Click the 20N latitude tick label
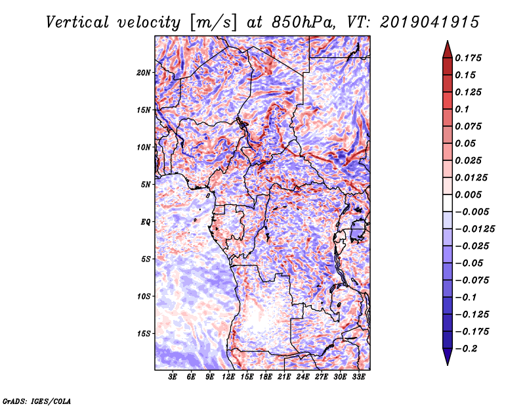[144, 72]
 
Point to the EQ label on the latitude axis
[145, 222]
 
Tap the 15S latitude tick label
[144, 334]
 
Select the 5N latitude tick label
[145, 185]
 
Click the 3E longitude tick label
[173, 377]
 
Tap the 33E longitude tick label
[358, 377]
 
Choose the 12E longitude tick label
[229, 377]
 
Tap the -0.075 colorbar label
[472, 281]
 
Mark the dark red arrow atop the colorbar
[447, 48]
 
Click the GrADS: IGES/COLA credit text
[36, 400]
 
